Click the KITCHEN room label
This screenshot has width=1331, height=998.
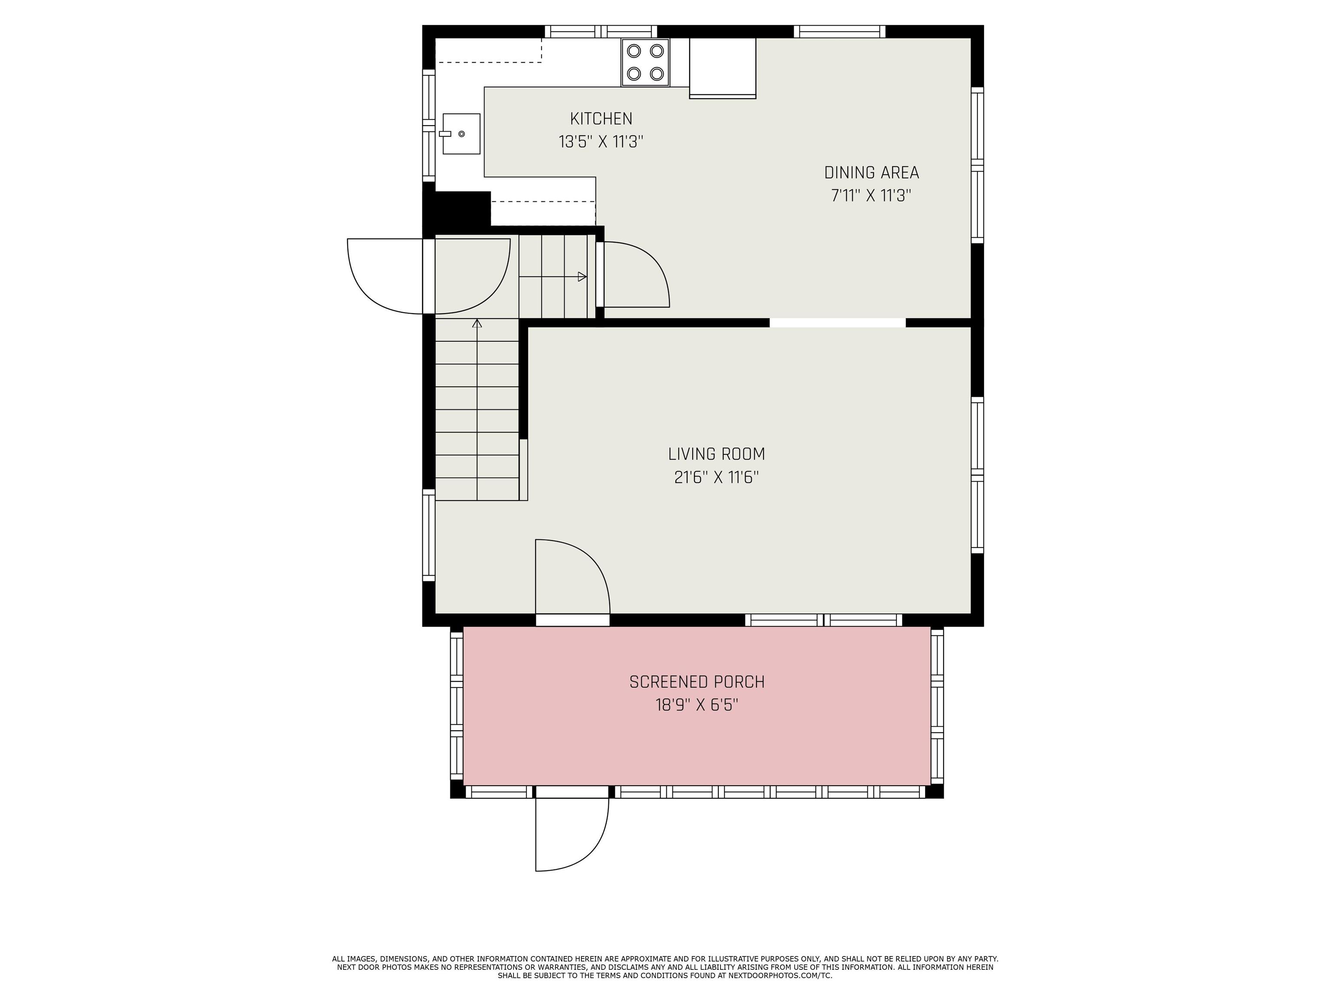[601, 119]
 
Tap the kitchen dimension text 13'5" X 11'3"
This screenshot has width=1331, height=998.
[601, 142]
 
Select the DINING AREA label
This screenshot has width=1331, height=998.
[871, 173]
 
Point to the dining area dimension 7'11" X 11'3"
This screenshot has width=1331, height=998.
[871, 195]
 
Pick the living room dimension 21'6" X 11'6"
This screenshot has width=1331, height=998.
[716, 477]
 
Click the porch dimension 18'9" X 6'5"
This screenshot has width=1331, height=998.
[697, 704]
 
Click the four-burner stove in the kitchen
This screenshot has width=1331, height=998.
[645, 62]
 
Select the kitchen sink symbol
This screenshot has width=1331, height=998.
[461, 133]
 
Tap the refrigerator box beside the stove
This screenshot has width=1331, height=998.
[722, 68]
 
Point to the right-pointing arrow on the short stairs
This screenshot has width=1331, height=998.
[582, 277]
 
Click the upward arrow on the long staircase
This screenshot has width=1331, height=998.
[477, 324]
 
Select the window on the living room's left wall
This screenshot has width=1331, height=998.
[429, 535]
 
